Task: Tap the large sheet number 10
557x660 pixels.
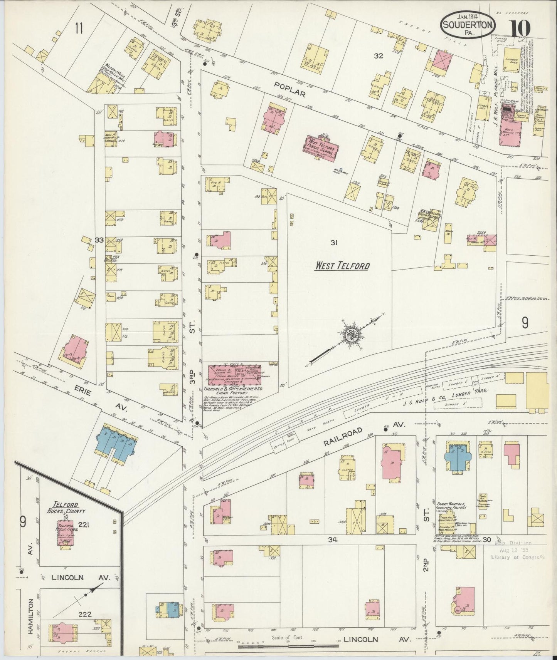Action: pos(520,28)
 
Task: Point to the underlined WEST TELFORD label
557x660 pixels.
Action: pos(342,266)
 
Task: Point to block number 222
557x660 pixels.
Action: pos(84,614)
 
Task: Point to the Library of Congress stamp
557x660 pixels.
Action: pos(518,551)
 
